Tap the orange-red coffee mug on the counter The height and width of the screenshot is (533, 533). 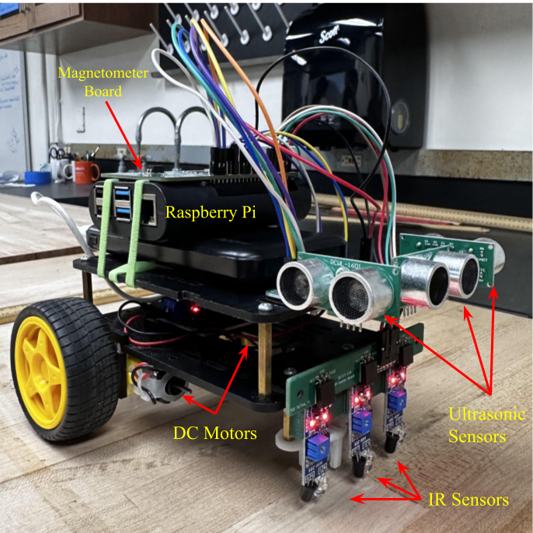(x=86, y=171)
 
